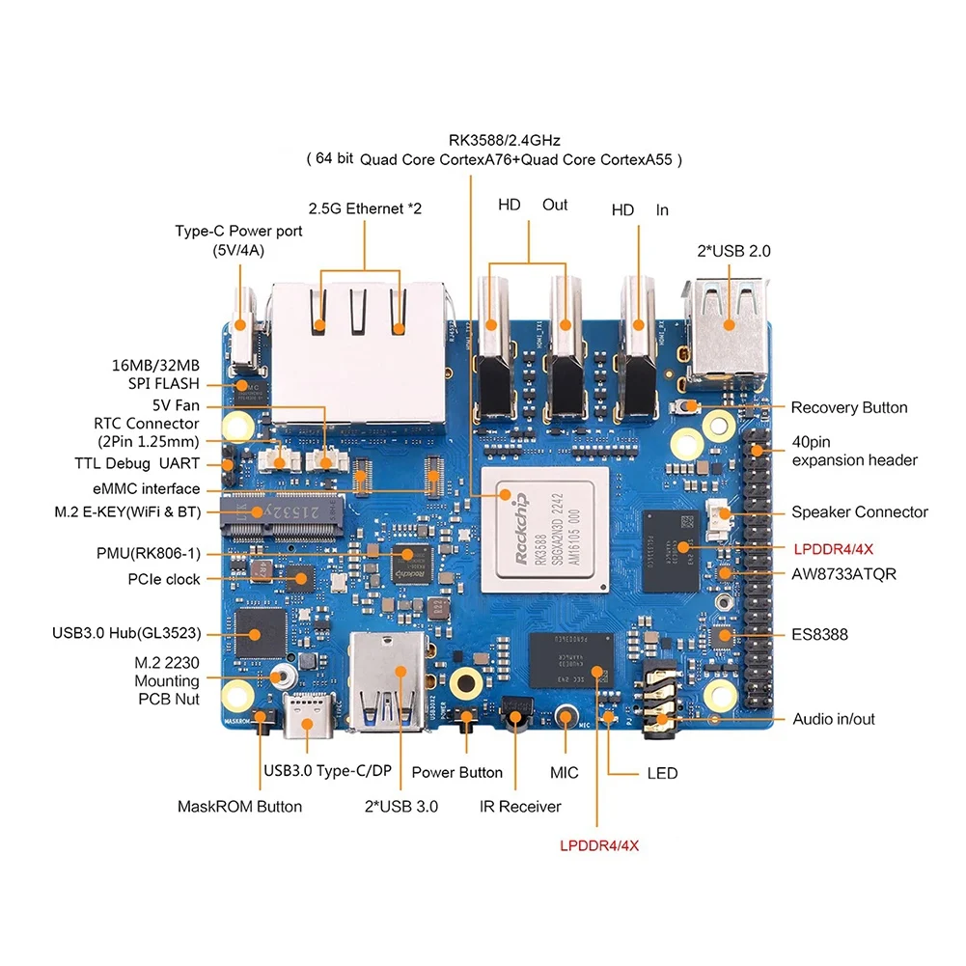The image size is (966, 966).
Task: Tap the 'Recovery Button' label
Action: coord(848,407)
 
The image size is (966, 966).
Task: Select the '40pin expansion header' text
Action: coord(854,450)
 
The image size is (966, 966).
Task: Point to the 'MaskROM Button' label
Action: coord(239,806)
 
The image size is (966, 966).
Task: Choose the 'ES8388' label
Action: coord(820,635)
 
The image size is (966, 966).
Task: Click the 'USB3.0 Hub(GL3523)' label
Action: coord(126,634)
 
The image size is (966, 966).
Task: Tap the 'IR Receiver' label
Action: coord(520,806)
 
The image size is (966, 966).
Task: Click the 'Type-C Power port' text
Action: coord(238,232)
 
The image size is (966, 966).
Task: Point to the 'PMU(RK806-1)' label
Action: coord(148,554)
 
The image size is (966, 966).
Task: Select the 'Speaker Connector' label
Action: coord(859,512)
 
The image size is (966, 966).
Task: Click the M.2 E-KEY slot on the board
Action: coord(281,508)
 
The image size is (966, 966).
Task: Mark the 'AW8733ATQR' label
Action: coord(843,574)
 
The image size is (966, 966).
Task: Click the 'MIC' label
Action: coord(565,773)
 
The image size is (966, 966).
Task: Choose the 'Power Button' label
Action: coord(456,772)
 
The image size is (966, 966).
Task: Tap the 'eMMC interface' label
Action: coord(141,489)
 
